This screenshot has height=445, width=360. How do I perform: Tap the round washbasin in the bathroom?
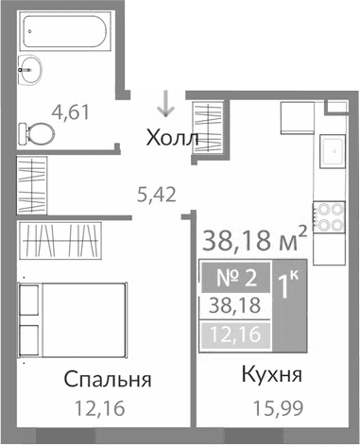[x=30, y=69]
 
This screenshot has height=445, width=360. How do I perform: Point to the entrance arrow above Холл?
[x=167, y=101]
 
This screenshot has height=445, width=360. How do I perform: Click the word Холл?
[x=173, y=139]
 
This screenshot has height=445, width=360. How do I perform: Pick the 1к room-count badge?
[x=286, y=282]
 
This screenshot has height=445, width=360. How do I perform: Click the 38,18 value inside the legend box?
[x=232, y=307]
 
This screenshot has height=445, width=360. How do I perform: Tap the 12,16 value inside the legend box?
[x=232, y=334]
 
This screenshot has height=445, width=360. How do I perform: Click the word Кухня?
[x=270, y=375]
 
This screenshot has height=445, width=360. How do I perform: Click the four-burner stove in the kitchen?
[x=330, y=218]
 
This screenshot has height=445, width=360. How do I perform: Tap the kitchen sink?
[x=334, y=153]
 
